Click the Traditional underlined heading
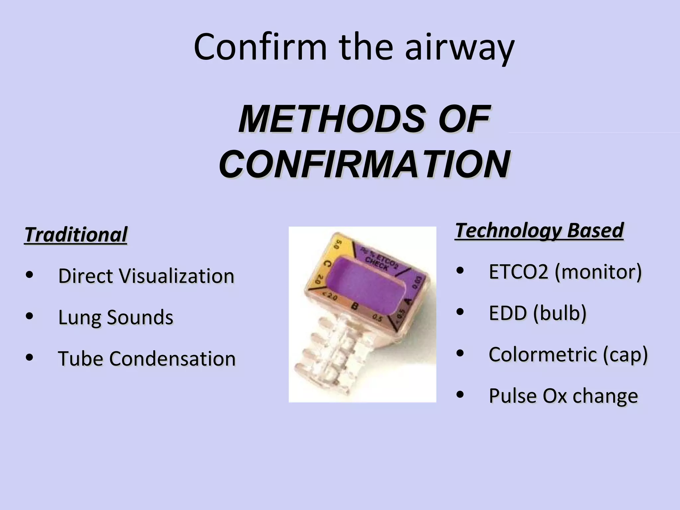pos(76,235)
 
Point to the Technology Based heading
pos(539,230)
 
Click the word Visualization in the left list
pos(176,276)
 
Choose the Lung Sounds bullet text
pos(116,317)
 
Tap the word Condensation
pos(172,359)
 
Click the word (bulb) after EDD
pos(560,313)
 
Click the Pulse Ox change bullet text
pos(563,396)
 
